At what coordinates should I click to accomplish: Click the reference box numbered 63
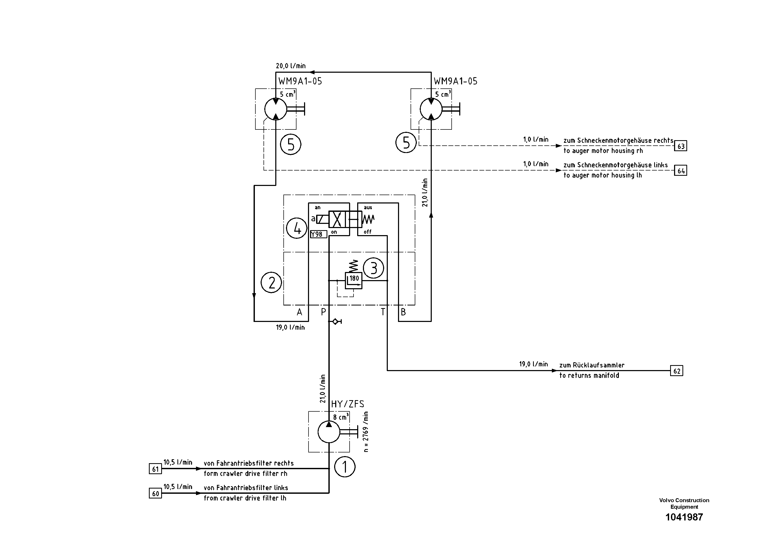(x=681, y=146)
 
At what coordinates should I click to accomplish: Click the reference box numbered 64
(x=681, y=171)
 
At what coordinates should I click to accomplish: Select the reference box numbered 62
(x=676, y=371)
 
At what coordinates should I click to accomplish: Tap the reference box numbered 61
(x=155, y=469)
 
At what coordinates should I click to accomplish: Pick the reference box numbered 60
(x=155, y=493)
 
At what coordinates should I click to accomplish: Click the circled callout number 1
(x=345, y=467)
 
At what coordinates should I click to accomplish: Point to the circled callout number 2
(x=271, y=282)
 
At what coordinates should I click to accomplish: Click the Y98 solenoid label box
(x=318, y=234)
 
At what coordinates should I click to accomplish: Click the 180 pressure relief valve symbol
(x=354, y=280)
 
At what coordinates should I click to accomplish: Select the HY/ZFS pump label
(x=348, y=404)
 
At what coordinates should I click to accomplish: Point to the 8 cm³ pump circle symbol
(x=329, y=432)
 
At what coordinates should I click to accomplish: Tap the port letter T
(x=383, y=312)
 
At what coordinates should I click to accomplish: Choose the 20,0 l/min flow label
(x=290, y=66)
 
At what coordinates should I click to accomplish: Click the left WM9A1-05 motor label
(x=300, y=81)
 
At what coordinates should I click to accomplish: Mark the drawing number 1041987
(x=684, y=517)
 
